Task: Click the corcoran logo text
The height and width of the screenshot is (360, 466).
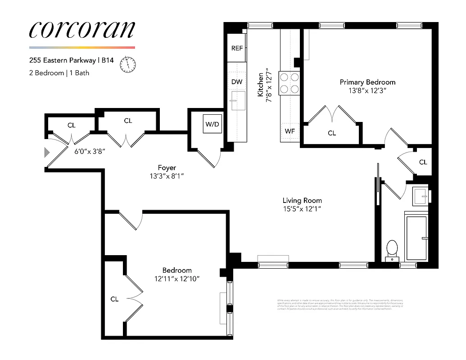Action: [x=81, y=29]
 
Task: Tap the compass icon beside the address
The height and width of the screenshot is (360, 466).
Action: [x=128, y=64]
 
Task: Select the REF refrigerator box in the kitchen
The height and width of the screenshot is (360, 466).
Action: [x=237, y=48]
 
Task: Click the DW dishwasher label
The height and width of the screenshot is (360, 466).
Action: [x=237, y=82]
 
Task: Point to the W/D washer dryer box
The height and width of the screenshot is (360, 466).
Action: [x=212, y=124]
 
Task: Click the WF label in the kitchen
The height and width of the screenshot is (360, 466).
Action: [x=290, y=132]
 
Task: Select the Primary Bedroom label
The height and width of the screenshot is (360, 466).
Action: [x=367, y=82]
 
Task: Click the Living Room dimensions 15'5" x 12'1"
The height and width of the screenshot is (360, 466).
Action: [x=302, y=209]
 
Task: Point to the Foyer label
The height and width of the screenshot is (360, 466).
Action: [x=167, y=168]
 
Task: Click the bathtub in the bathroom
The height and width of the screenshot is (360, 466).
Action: [x=416, y=237]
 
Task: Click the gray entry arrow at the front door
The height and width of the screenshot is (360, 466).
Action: [x=46, y=153]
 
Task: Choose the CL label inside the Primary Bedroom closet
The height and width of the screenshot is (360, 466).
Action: [x=332, y=133]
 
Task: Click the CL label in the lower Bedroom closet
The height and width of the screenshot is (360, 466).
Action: [x=114, y=299]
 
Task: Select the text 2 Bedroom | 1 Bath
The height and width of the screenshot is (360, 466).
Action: [x=59, y=73]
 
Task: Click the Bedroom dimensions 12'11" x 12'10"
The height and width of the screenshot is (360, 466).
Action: [x=177, y=279]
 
